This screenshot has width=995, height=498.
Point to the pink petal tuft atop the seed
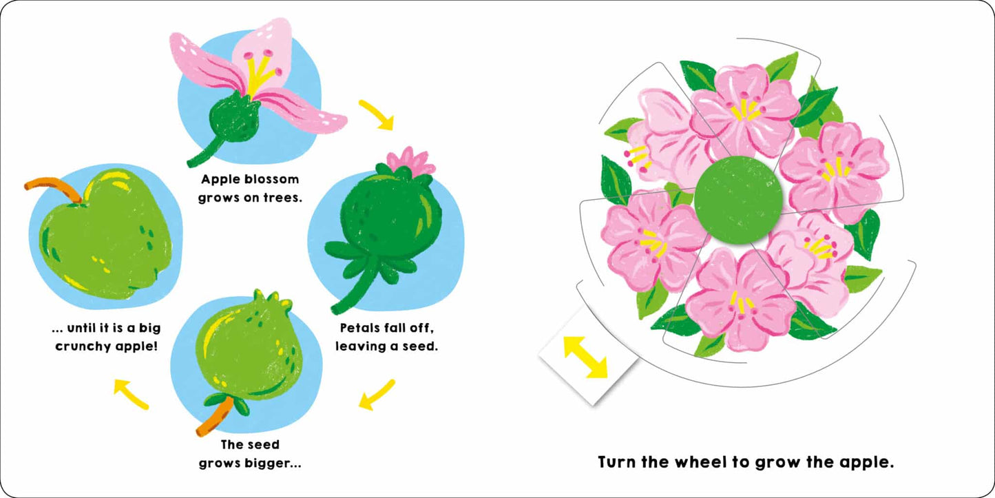[x=412, y=160]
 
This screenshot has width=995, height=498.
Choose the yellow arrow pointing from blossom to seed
[x=377, y=115]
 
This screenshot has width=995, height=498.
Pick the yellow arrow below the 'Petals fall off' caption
[x=377, y=395]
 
